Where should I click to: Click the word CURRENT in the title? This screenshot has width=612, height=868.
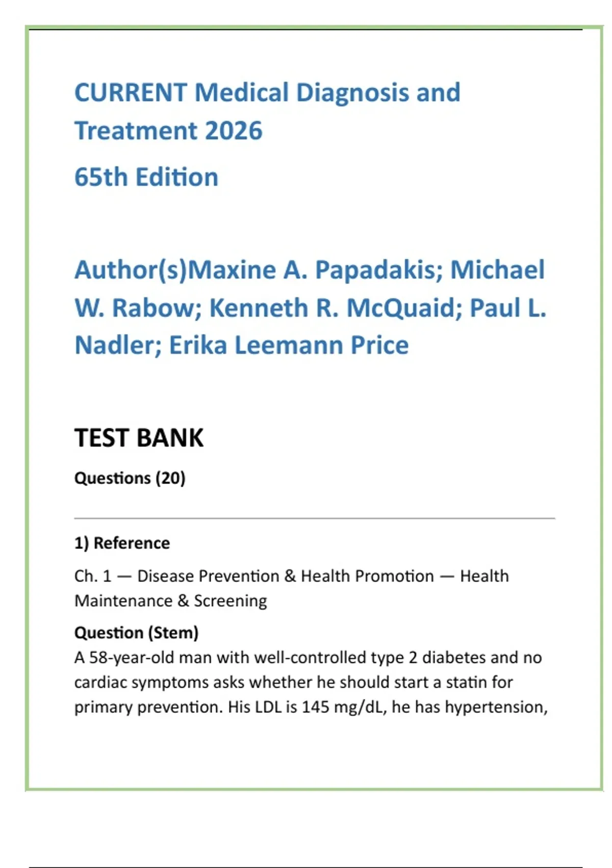(x=131, y=93)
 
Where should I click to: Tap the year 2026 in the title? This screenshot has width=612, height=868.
(x=234, y=131)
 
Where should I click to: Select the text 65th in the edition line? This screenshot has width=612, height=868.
(x=100, y=177)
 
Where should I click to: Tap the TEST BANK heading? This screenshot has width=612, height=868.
(x=139, y=438)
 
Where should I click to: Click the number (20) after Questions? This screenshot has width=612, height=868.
(x=170, y=478)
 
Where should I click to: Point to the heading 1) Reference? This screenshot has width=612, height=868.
(x=122, y=543)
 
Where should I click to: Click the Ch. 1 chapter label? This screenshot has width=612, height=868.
(x=92, y=576)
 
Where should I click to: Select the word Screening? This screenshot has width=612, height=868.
(x=230, y=601)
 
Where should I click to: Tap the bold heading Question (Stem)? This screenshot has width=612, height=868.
(x=136, y=633)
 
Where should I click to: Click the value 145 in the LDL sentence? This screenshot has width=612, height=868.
(x=315, y=707)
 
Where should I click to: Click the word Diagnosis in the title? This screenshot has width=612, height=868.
(x=353, y=93)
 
